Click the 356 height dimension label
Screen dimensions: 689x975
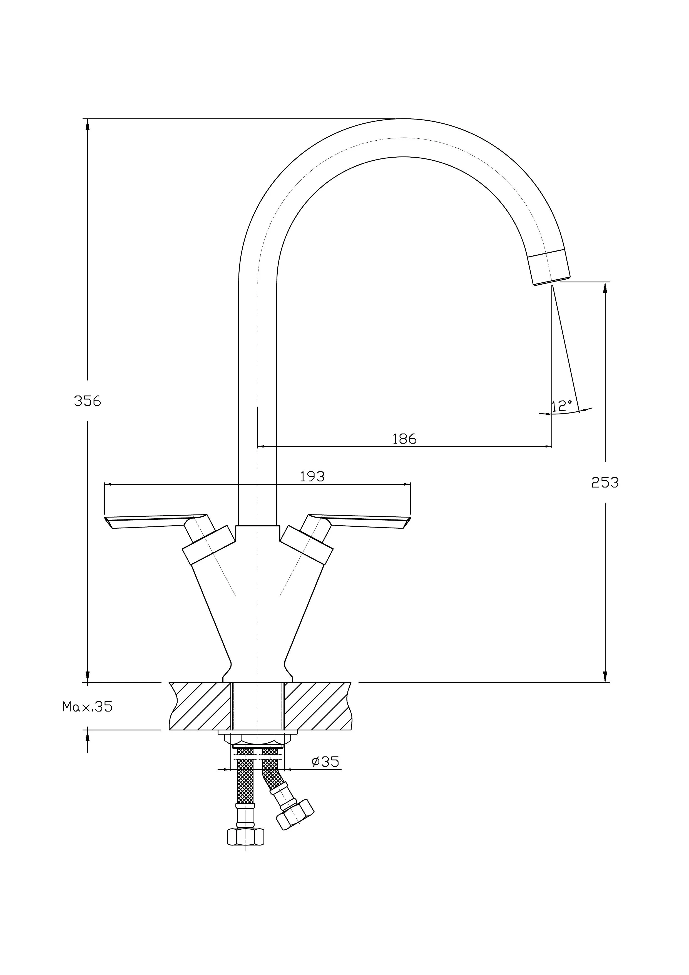88,401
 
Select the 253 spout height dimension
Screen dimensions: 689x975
605,482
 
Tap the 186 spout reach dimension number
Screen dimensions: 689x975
404,439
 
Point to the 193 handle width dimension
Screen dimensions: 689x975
312,476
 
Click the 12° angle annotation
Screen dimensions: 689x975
562,406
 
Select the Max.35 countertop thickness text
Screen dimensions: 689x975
88,707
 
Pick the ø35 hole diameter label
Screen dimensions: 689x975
326,762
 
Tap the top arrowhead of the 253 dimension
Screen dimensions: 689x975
605,287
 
